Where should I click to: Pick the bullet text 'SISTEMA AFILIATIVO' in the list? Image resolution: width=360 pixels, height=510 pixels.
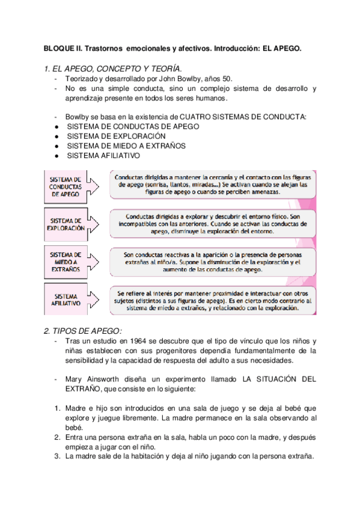pyautogui.click(x=103, y=155)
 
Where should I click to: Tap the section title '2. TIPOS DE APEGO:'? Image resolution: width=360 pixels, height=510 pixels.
pyautogui.click(x=83, y=331)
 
